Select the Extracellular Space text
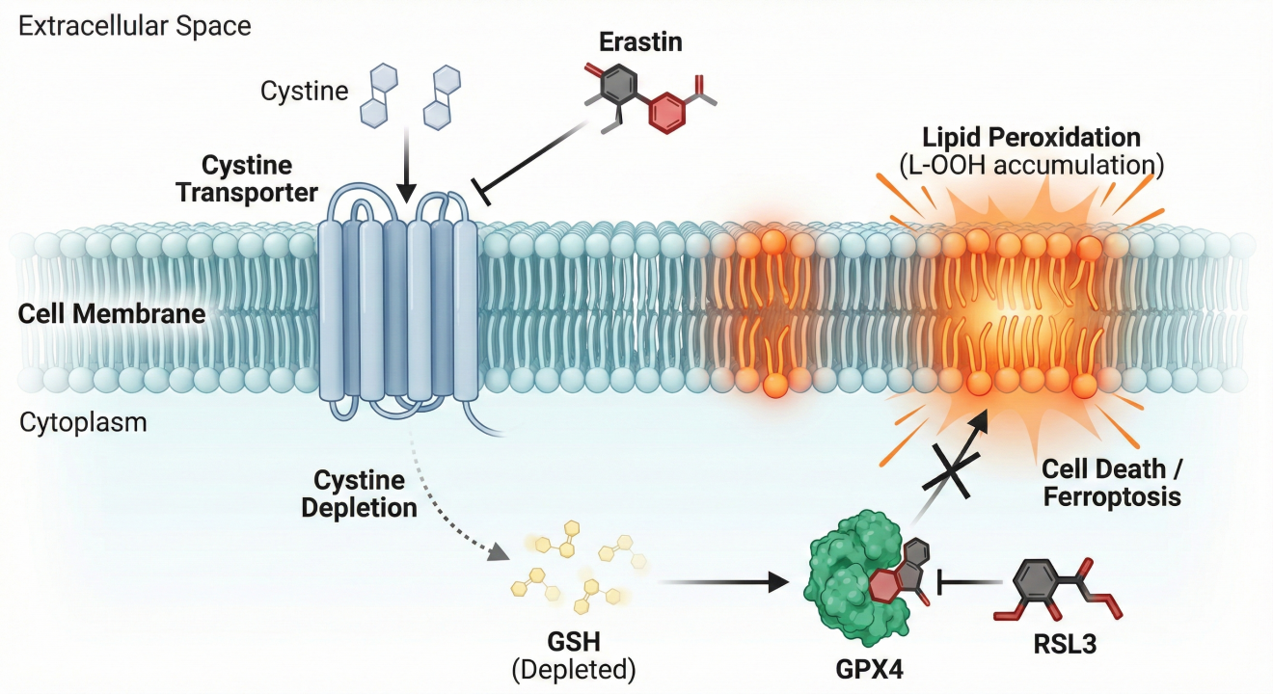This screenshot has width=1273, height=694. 135,26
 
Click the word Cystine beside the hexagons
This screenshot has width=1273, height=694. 304,92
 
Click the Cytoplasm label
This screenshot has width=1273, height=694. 83,422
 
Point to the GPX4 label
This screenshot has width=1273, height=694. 863,664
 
